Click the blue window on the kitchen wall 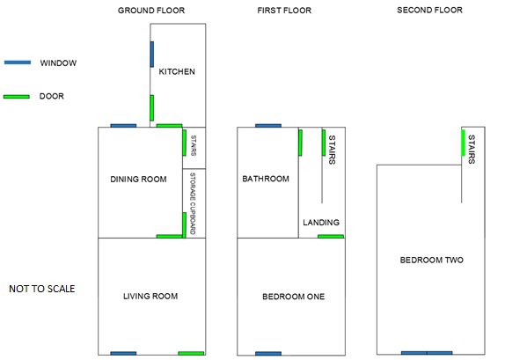152,55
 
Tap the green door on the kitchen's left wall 152,108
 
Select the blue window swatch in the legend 18,62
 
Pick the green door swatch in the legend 17,96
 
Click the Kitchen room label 177,71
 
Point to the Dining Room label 138,180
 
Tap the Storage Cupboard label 193,203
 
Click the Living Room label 150,297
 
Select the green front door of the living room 191,353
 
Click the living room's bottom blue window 123,353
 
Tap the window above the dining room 123,126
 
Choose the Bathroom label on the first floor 266,179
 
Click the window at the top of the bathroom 268,126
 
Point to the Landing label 321,223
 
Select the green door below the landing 331,237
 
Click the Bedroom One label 293,297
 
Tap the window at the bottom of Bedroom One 268,354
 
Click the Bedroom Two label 432,260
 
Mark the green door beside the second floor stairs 463,143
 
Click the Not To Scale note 42,289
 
